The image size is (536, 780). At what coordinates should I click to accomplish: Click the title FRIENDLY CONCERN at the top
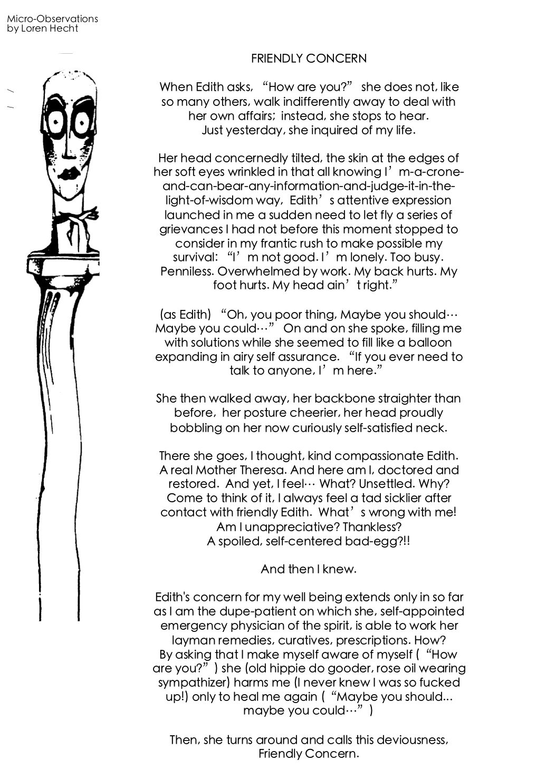tap(309, 58)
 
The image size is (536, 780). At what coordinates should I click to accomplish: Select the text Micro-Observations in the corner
tap(52, 19)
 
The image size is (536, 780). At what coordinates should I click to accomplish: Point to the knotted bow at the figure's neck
tap(79, 214)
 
